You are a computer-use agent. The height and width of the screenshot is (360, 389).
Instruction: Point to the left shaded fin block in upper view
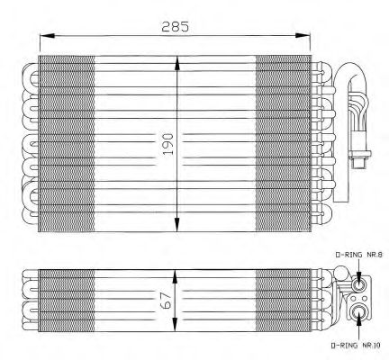click(68, 144)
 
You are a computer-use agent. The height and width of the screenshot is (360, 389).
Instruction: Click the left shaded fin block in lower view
click(68, 298)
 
